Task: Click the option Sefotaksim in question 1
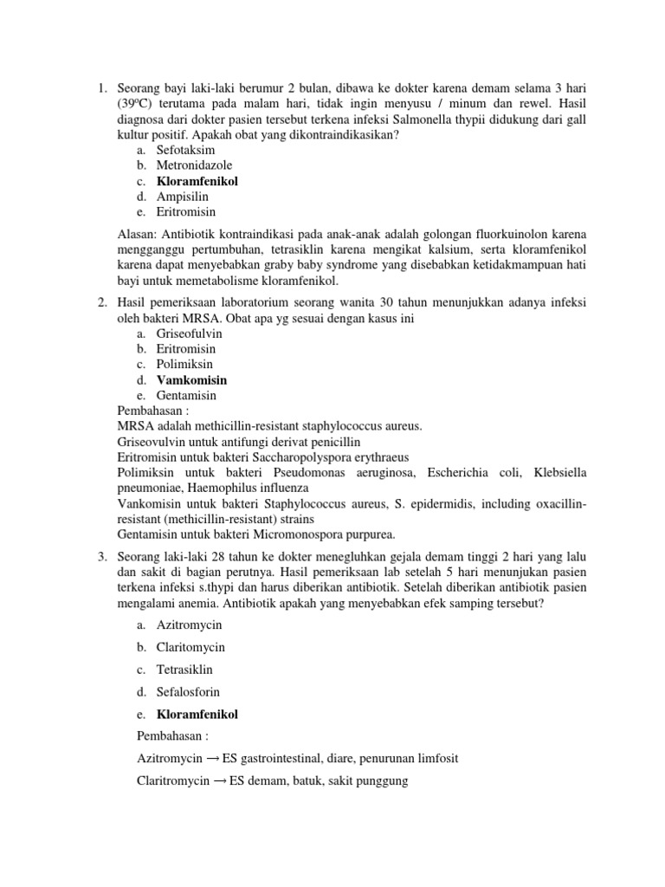[185, 150]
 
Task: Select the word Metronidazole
[194, 165]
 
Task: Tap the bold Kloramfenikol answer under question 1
[197, 181]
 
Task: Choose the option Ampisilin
[183, 197]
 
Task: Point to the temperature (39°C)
[138, 103]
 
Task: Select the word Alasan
[138, 234]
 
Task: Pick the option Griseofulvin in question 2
[190, 333]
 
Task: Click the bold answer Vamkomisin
[191, 379]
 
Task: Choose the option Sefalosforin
[188, 692]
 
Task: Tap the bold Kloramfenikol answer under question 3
[197, 715]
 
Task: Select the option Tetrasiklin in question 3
[184, 670]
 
